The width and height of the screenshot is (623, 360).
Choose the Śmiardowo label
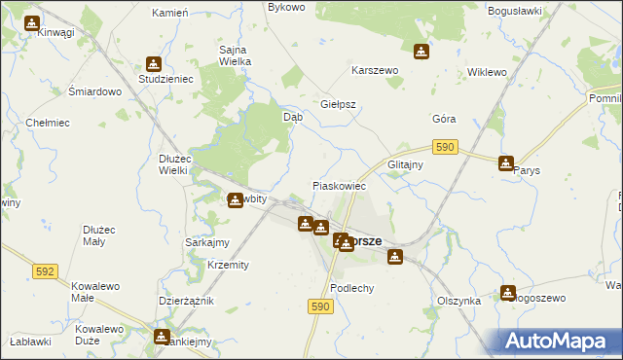point(94,91)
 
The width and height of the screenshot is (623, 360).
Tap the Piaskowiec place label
point(338,185)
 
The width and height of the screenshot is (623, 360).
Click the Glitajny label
point(405,164)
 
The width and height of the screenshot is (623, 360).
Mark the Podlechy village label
point(352,288)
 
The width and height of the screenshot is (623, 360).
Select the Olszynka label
point(459,302)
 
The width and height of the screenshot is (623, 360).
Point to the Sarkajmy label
point(206,242)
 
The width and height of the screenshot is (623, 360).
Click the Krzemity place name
point(228,265)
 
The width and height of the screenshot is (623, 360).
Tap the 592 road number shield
point(45,271)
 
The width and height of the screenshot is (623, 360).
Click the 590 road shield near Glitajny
point(445,146)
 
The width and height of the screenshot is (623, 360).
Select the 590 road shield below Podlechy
point(323,306)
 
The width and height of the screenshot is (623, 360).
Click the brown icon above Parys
point(506,162)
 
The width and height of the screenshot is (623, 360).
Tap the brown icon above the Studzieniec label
point(152,62)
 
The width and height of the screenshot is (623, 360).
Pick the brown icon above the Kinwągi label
point(32,21)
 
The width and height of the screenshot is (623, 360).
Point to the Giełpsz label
point(339,104)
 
